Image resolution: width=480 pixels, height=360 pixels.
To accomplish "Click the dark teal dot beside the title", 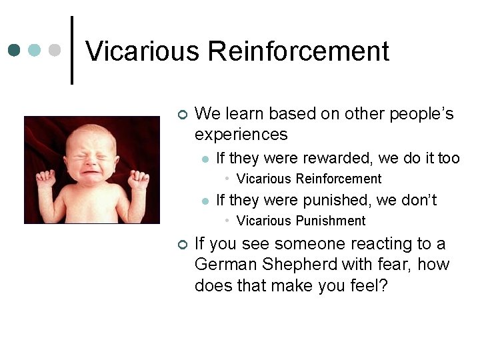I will (13, 50).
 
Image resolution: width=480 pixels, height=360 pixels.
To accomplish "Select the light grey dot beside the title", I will (55, 50).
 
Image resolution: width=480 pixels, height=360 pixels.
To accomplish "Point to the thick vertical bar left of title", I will (72, 50).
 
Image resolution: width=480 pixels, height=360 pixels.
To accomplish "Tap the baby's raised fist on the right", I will (139, 179).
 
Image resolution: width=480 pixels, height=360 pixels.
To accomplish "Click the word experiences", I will (241, 135).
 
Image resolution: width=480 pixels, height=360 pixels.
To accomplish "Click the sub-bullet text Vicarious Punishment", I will (301, 221).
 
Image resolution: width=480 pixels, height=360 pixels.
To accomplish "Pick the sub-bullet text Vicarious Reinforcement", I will (309, 179).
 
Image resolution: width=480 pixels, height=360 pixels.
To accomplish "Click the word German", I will (222, 265).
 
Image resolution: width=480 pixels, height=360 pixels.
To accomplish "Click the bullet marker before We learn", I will (183, 115).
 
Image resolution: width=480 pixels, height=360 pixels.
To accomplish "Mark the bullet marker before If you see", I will (183, 245).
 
